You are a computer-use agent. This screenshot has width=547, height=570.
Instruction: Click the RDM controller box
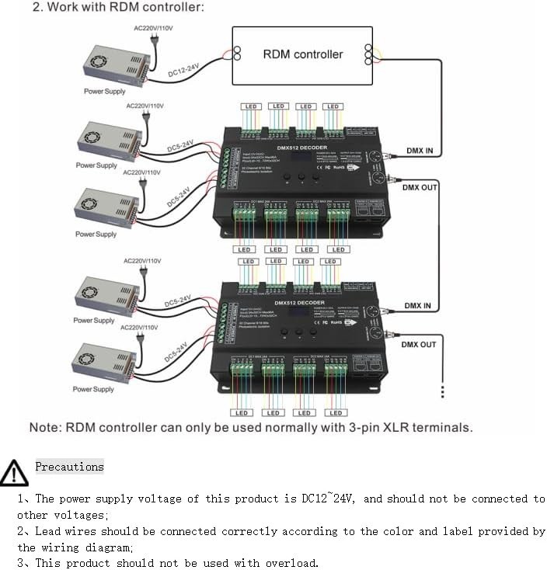click(x=302, y=54)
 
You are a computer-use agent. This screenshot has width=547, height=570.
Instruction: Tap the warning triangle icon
click(x=14, y=472)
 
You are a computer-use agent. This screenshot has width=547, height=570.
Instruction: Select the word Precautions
click(x=69, y=467)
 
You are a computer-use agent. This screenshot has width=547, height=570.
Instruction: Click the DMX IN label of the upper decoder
click(x=420, y=151)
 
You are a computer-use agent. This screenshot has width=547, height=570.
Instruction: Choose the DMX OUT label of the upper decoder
click(x=420, y=187)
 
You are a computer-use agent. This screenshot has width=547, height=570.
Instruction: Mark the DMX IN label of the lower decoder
click(x=417, y=306)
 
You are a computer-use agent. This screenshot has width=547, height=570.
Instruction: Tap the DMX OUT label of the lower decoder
click(x=419, y=344)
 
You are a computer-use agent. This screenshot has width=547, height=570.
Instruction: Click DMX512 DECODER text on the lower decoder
click(x=301, y=303)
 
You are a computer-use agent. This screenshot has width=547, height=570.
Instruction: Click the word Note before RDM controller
click(x=45, y=428)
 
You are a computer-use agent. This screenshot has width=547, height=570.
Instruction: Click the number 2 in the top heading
click(x=37, y=8)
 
